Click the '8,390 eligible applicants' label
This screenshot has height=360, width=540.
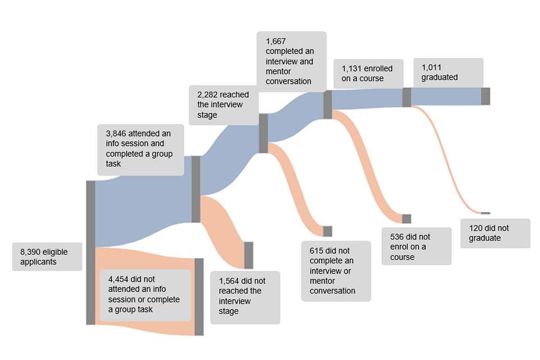pos(47,256)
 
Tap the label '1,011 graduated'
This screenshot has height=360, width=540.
pos(448,73)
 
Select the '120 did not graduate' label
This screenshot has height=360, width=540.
pos(495,233)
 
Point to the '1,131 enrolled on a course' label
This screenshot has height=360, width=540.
pos(368,74)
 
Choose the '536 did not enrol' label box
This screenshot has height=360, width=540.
pos(416,246)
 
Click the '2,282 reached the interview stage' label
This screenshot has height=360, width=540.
pos(223,105)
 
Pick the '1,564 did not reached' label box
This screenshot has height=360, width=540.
pos(245,296)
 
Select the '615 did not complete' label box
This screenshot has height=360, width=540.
pos(336,271)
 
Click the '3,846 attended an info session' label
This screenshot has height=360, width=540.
pos(141,150)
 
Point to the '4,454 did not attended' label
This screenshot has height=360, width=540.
pos(145,295)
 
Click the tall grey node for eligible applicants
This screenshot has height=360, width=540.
pos(91,253)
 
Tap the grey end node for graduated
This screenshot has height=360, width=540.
pos(485,96)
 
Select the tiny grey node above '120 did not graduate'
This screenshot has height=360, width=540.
pos(485,213)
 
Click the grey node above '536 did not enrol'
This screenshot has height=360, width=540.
pos(407,219)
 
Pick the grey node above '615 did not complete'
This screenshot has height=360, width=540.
pos(327,231)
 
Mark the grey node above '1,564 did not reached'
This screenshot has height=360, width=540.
pos(249,255)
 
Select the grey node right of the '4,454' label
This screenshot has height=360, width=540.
pos(199,296)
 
